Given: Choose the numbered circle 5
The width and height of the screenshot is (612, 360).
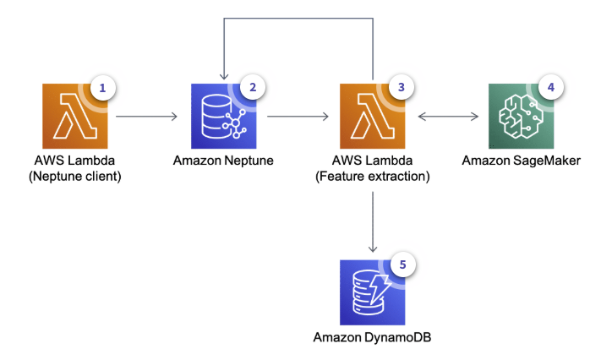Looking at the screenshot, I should (402, 265).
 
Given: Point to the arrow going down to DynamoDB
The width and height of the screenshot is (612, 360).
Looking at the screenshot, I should (372, 221).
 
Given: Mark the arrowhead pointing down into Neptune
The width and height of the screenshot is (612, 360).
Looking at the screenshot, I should (223, 74).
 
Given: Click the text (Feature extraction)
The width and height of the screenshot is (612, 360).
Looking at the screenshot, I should (372, 177).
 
